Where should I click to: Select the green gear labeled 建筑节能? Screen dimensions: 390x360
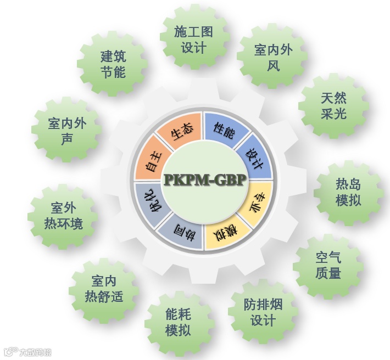(113, 64)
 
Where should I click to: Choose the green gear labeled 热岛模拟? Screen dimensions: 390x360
(348, 192)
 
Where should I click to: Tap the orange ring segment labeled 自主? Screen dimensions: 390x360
(153, 161)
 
